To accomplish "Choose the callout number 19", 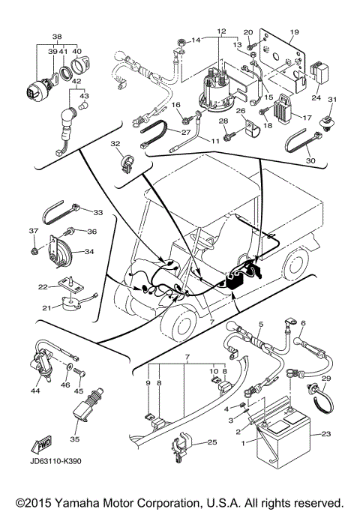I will pyautogui.click(x=295, y=31).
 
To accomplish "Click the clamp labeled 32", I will pyautogui.click(x=126, y=160).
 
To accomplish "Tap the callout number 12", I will pyautogui.click(x=220, y=31).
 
